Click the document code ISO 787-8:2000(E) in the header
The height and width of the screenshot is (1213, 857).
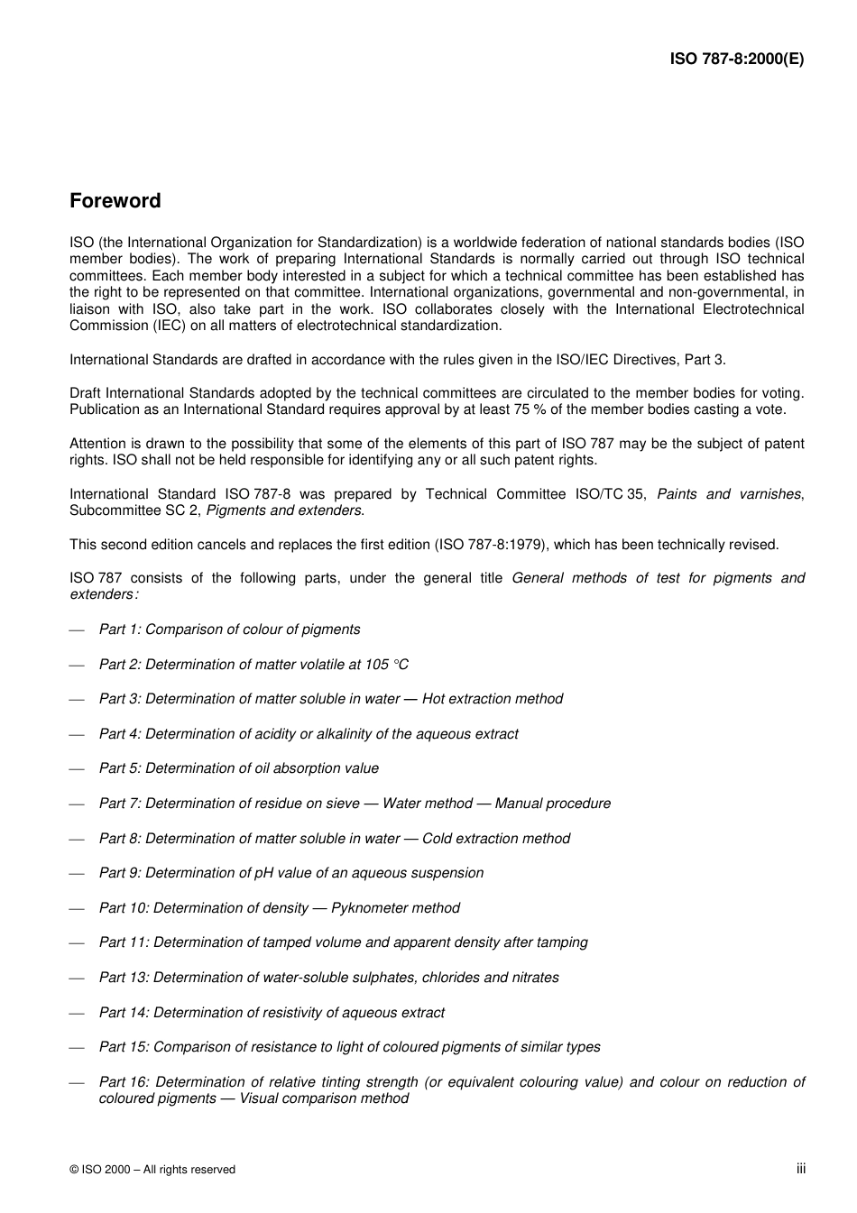(736, 60)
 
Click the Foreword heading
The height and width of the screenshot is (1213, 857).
(115, 201)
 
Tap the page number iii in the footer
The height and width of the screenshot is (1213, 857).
(800, 1169)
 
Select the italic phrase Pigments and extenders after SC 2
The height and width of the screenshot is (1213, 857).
(284, 511)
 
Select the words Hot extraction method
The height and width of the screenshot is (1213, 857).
(493, 699)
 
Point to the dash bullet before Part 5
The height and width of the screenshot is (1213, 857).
(77, 769)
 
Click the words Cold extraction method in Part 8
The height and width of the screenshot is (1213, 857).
(496, 839)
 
